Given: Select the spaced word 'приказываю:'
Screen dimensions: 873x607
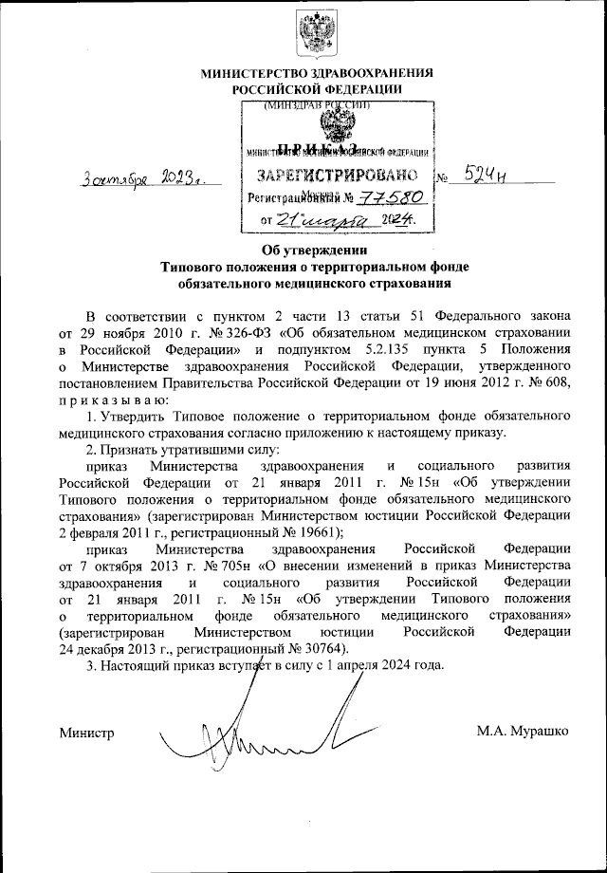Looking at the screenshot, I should tap(113, 399).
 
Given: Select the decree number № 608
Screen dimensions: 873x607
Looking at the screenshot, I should tap(551, 382).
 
